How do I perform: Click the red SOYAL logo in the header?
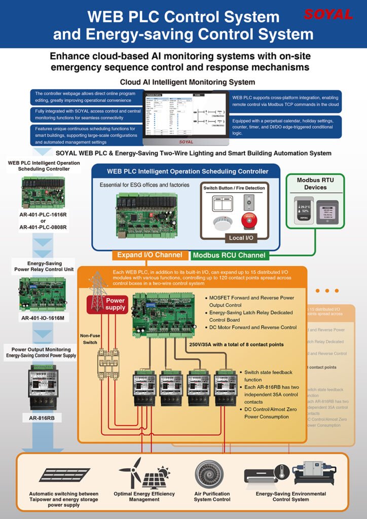pyautogui.click(x=328, y=15)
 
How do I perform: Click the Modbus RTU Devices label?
pyautogui.click(x=315, y=183)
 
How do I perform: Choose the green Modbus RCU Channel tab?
pyautogui.click(x=229, y=255)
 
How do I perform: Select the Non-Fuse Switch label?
pyautogui.click(x=91, y=339)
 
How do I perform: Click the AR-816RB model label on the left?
pyautogui.click(x=43, y=419)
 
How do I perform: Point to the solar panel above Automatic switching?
pyautogui.click(x=57, y=475)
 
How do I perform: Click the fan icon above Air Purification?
pyautogui.click(x=209, y=473)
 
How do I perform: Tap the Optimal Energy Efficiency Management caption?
pyautogui.click(x=144, y=496)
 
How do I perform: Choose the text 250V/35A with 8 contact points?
pyautogui.click(x=236, y=345)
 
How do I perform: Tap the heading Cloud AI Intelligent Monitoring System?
pyautogui.click(x=188, y=82)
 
